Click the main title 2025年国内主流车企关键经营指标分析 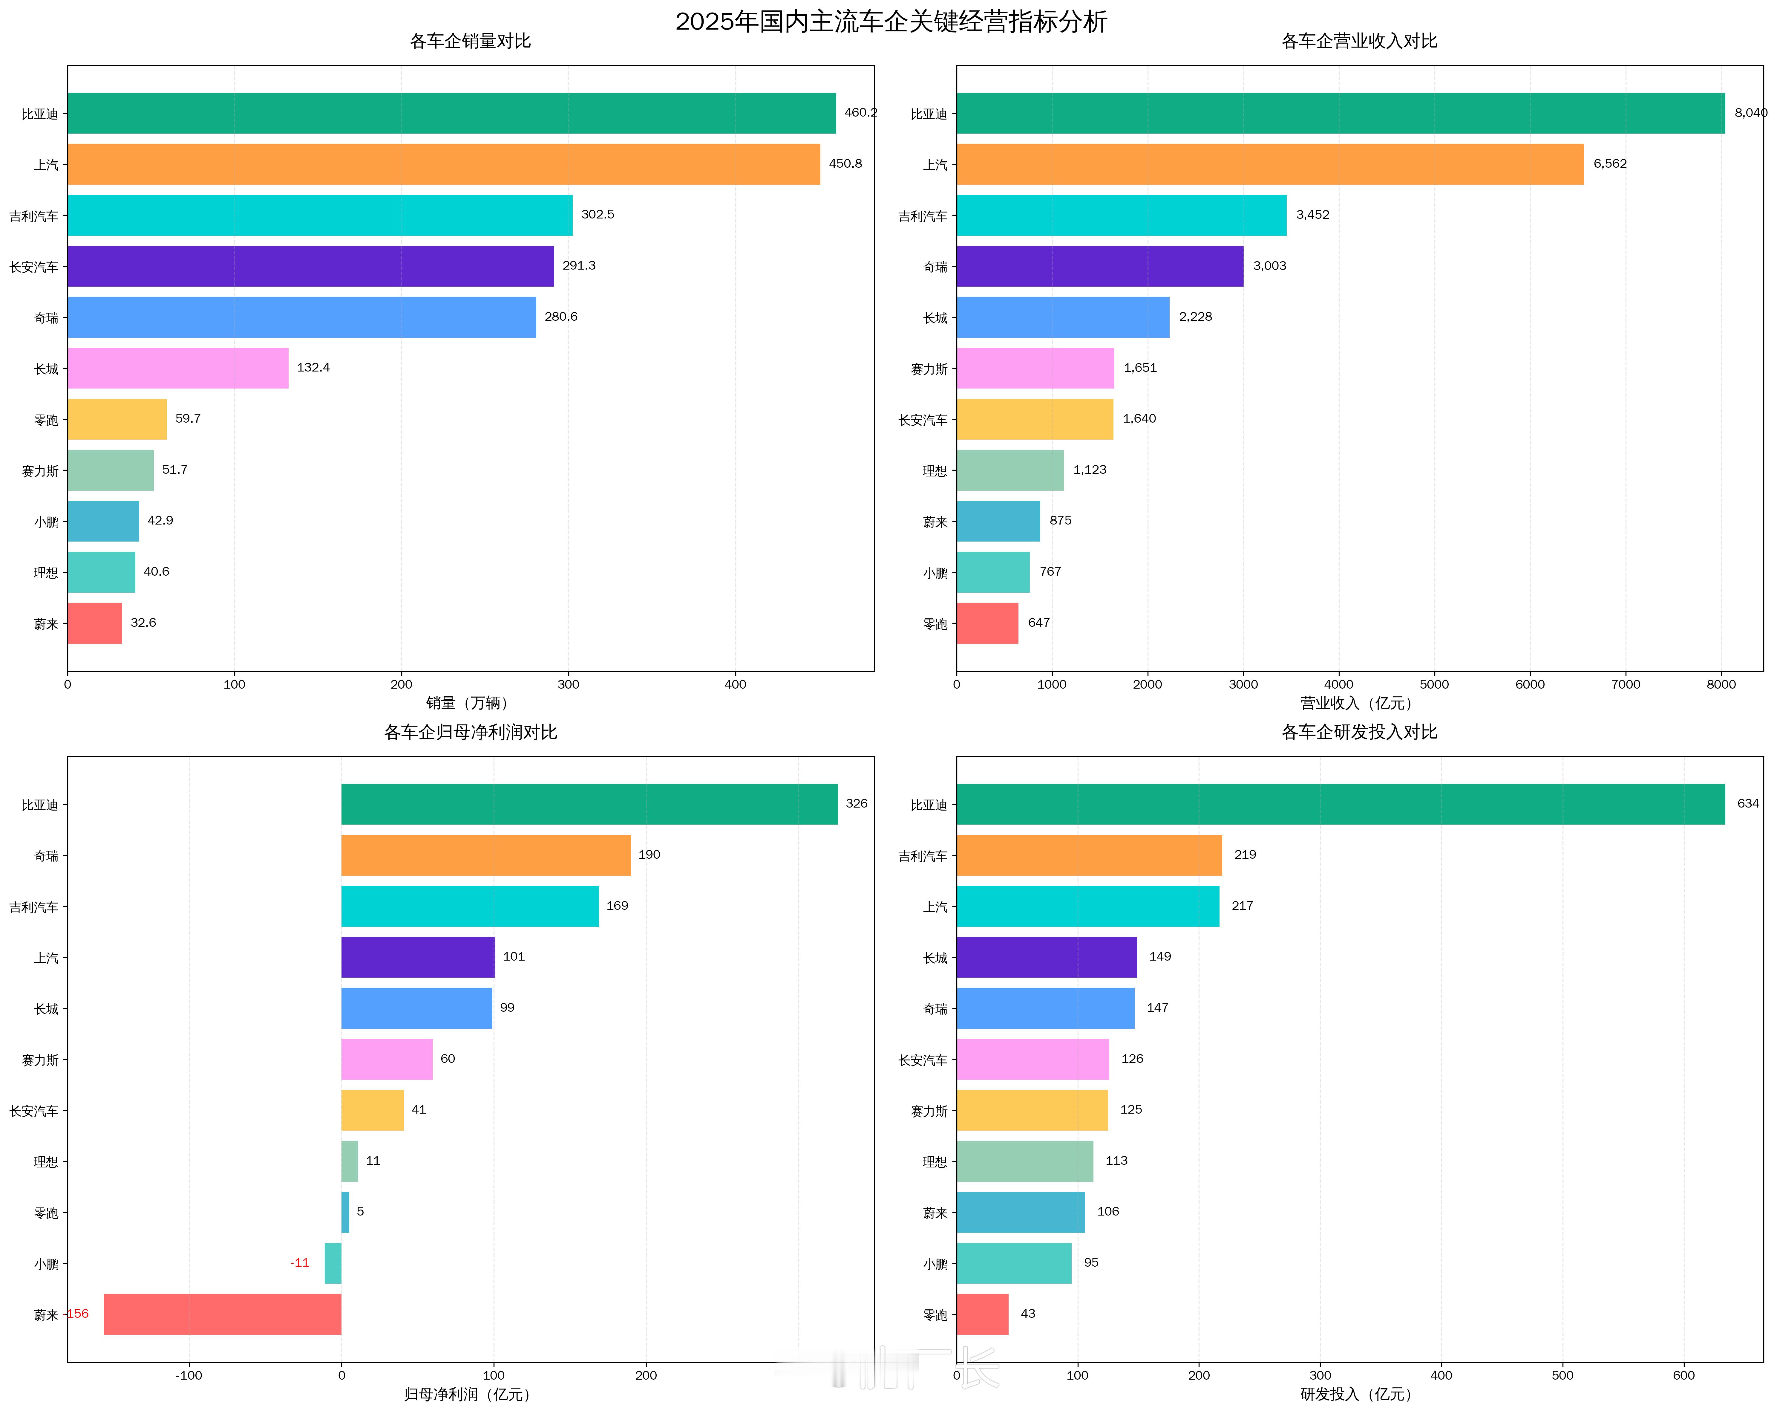[891, 22]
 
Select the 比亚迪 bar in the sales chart [452, 113]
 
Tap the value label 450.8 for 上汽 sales [845, 163]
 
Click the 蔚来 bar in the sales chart [95, 623]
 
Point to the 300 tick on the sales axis [568, 684]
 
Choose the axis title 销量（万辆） [470, 703]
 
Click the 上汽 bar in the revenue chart [1269, 164]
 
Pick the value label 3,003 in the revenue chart [1269, 265]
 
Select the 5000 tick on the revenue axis [1434, 684]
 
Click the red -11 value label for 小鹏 [300, 1262]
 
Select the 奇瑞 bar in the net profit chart [486, 855]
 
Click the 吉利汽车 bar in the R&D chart [1089, 855]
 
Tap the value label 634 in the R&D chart [1747, 803]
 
